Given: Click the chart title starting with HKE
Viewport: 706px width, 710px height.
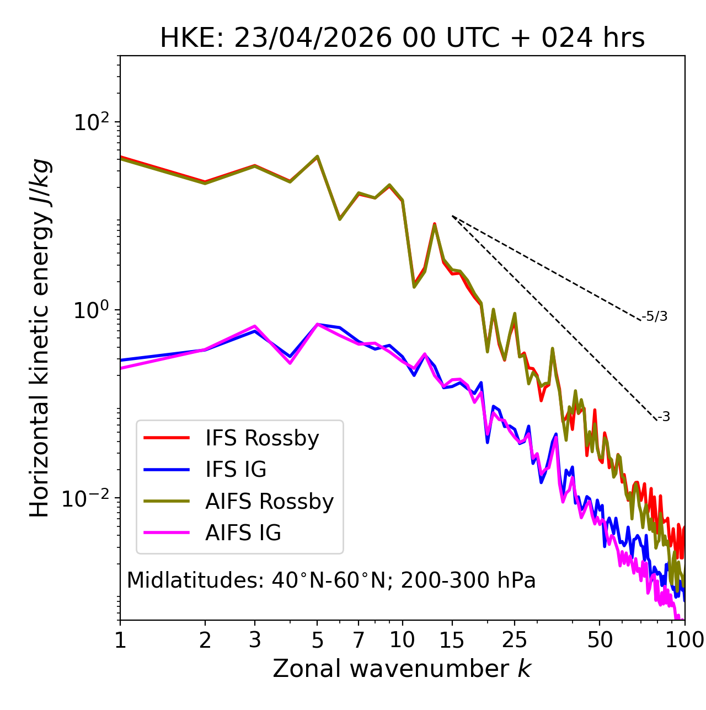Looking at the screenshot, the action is pyautogui.click(x=402, y=38).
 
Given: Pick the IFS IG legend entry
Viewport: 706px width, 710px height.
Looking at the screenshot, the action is pyautogui.click(x=205, y=469).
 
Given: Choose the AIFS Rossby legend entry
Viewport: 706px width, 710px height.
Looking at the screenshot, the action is pyautogui.click(x=238, y=501).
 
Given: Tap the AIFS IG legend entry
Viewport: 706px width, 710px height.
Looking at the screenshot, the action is pyautogui.click(x=212, y=532).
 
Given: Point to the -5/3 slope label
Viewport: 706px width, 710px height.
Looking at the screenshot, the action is pyautogui.click(x=654, y=316).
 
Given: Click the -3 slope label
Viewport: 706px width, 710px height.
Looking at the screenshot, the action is pyautogui.click(x=664, y=417).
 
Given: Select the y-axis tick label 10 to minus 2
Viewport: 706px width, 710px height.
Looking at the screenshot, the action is pyautogui.click(x=85, y=498).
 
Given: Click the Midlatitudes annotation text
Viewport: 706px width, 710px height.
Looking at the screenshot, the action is pyautogui.click(x=331, y=580).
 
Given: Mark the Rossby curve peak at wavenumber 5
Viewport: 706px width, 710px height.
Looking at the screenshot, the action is pyautogui.click(x=317, y=156).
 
